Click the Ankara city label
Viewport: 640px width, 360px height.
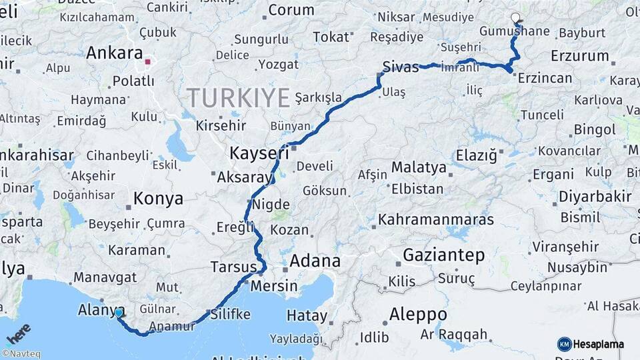(115, 53)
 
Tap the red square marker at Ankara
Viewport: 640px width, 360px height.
(148, 63)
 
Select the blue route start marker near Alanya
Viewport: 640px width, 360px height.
(119, 312)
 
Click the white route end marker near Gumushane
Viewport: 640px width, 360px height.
(515, 18)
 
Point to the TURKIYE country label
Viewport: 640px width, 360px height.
(238, 98)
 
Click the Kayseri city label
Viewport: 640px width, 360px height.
(259, 153)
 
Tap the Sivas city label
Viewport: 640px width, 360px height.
(401, 67)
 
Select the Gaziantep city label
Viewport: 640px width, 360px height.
(443, 255)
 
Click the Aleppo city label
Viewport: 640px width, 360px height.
(418, 314)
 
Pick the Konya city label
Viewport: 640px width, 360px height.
(158, 198)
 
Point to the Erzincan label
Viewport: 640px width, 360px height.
(545, 78)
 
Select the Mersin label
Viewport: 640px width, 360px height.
(274, 285)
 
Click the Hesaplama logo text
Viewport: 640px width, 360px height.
(599, 344)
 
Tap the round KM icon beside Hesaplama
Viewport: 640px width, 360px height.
(564, 344)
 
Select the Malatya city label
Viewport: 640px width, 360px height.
(419, 167)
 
